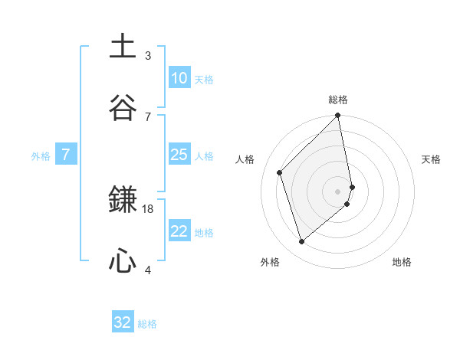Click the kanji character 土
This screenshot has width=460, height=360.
click(x=123, y=47)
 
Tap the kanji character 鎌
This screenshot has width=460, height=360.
click(x=123, y=201)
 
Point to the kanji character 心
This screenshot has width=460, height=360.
click(x=123, y=262)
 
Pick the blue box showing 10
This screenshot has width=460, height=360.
click(x=179, y=78)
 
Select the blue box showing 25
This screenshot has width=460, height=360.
click(x=179, y=155)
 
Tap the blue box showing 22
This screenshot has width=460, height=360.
click(x=179, y=231)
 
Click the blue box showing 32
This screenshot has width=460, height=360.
click(x=123, y=322)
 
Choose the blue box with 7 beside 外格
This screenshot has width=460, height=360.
click(x=66, y=155)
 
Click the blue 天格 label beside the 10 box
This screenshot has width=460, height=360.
click(x=204, y=79)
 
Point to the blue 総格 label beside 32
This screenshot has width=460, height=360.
click(x=147, y=324)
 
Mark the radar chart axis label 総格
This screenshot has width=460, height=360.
click(x=338, y=100)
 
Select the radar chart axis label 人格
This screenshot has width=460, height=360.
click(x=245, y=159)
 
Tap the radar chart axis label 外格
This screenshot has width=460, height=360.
click(x=269, y=262)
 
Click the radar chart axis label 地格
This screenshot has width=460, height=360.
click(x=402, y=262)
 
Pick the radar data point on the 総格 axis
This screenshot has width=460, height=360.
click(x=338, y=116)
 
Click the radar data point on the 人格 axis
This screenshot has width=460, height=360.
click(x=280, y=172)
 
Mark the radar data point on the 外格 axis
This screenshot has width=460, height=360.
click(x=302, y=242)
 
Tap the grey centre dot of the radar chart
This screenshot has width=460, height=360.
click(x=338, y=191)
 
